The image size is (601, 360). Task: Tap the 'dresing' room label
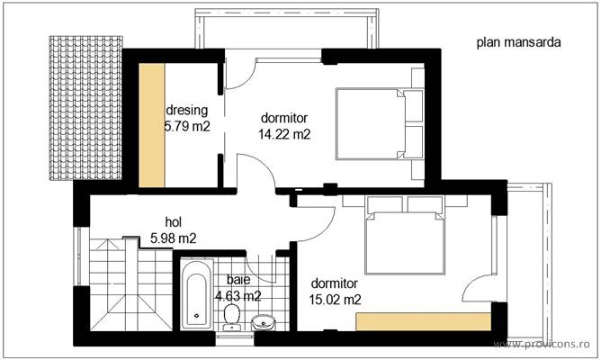point(186,112)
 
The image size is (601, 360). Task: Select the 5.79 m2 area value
point(186,128)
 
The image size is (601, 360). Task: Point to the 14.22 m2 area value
point(284,134)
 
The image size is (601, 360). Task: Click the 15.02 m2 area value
point(335,300)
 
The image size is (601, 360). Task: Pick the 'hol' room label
point(174,222)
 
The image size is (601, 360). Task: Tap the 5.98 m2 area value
point(173,238)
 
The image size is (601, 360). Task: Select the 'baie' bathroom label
point(238,280)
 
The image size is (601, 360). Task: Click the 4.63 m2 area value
point(238,295)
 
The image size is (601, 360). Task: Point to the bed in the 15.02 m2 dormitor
point(404,236)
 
